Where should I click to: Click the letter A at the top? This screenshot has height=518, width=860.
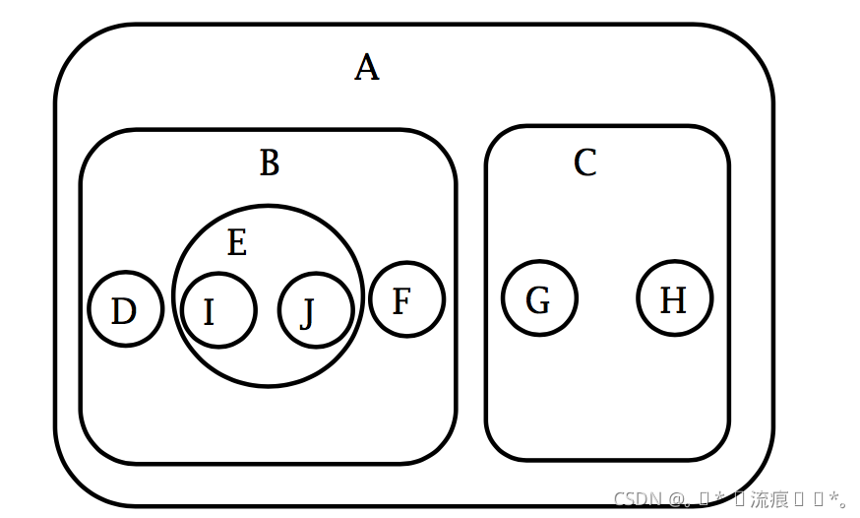coord(367,68)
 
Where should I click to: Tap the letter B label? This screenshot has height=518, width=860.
coord(270,162)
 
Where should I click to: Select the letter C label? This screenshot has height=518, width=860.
coord(585,162)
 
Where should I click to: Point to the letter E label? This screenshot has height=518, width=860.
coord(236,242)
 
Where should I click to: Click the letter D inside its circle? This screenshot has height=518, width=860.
coord(123,312)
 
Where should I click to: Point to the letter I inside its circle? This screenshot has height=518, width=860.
coord(209,313)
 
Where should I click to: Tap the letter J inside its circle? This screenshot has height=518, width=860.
coord(307,315)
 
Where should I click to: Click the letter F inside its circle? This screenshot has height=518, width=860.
coord(400,301)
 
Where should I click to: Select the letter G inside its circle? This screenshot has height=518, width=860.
coord(537,300)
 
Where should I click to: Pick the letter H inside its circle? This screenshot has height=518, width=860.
coord(673,300)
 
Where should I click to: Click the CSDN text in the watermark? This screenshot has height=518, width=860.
coord(638,499)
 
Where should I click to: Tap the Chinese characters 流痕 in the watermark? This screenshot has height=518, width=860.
coord(768,499)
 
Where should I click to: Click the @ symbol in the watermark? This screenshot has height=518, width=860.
coord(677,499)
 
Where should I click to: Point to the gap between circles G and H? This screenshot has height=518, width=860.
coord(607,298)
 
